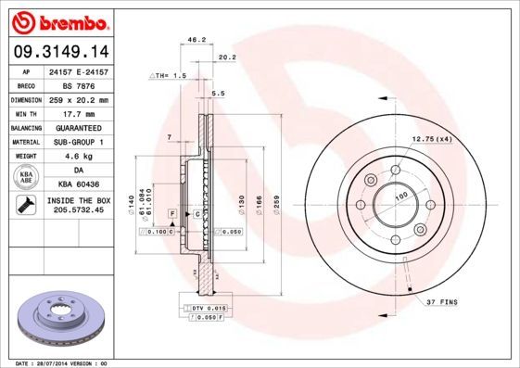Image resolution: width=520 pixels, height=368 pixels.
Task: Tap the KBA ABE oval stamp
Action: (x=27, y=177)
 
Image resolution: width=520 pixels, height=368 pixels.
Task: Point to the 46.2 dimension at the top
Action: (x=197, y=41)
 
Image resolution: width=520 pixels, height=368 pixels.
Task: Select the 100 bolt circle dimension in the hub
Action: (x=402, y=197)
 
